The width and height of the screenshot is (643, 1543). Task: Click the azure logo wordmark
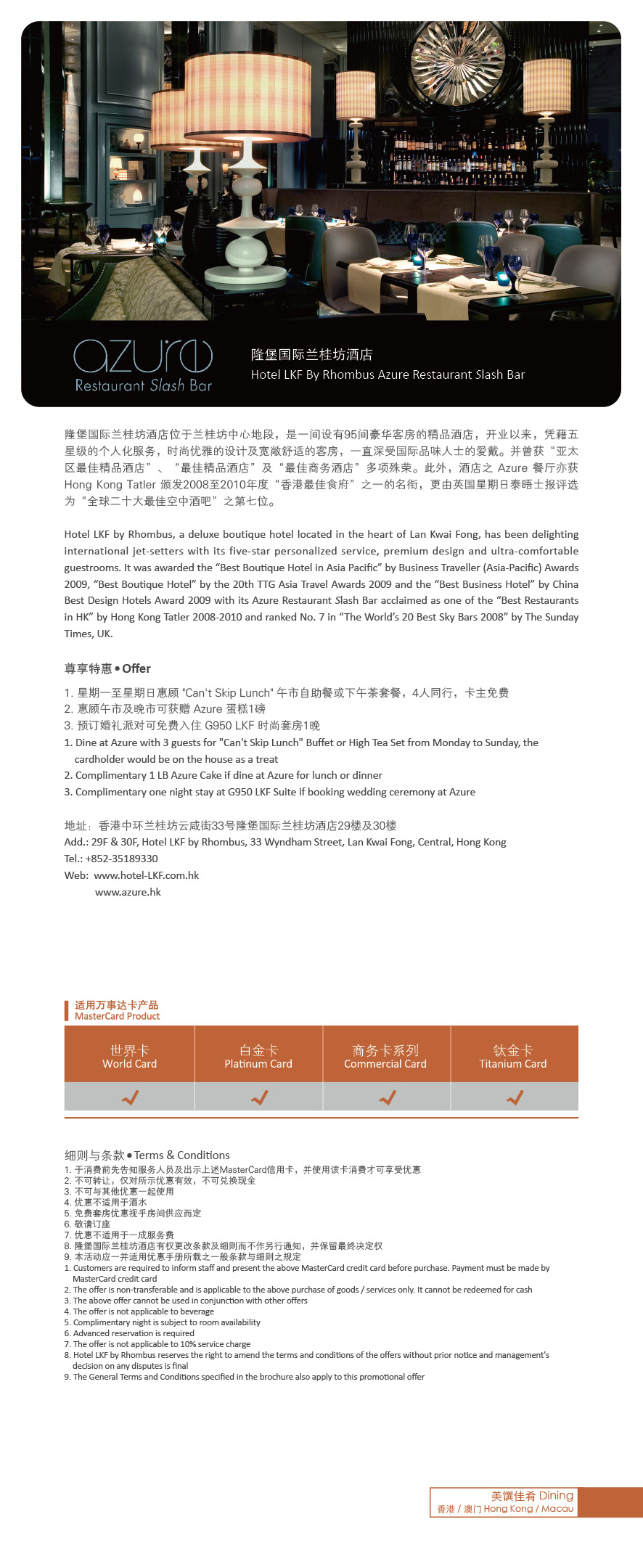point(143,356)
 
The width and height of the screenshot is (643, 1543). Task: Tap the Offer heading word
point(136,668)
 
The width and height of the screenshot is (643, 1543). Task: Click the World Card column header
point(129,1057)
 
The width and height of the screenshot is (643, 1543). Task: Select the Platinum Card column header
point(258,1057)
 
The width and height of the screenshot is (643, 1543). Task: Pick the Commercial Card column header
point(385,1057)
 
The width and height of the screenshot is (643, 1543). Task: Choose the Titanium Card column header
point(513,1057)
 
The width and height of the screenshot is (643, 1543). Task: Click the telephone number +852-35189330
point(121,859)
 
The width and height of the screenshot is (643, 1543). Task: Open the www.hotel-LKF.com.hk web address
point(147,875)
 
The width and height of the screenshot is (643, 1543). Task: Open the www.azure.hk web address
point(128,892)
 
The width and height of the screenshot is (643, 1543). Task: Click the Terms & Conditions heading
point(181,1155)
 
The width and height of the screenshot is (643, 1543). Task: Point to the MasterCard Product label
point(117,1016)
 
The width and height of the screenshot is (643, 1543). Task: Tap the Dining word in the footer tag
point(556,1495)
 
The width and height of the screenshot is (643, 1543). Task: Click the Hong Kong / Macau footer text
point(528,1509)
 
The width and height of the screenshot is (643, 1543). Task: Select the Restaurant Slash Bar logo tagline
point(144,385)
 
